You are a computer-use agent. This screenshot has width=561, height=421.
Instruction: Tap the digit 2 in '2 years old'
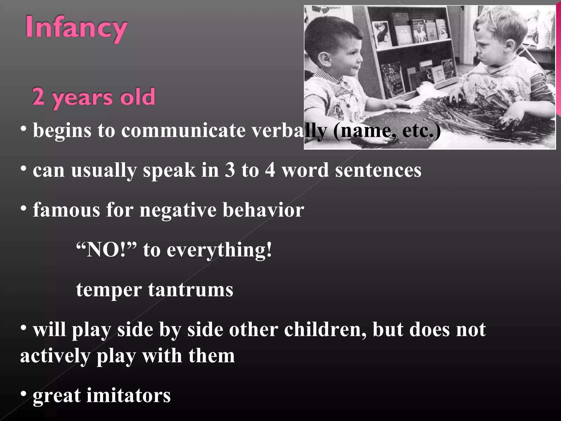pyautogui.click(x=38, y=96)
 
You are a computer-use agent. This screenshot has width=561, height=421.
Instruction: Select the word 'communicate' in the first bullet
pyautogui.click(x=183, y=130)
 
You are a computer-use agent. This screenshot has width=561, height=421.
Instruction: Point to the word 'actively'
pyautogui.click(x=55, y=356)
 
